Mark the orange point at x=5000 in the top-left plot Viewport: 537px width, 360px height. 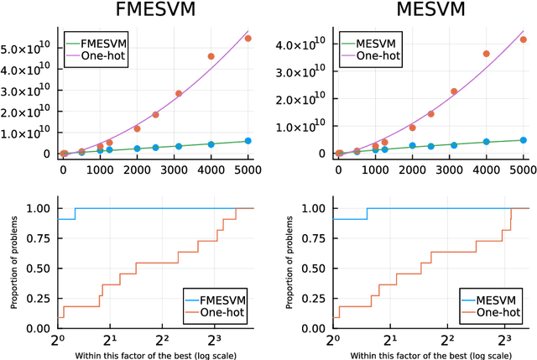(248, 38)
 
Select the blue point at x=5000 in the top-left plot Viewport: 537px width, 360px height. (248, 141)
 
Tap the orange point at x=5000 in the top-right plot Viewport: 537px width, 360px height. (524, 39)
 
